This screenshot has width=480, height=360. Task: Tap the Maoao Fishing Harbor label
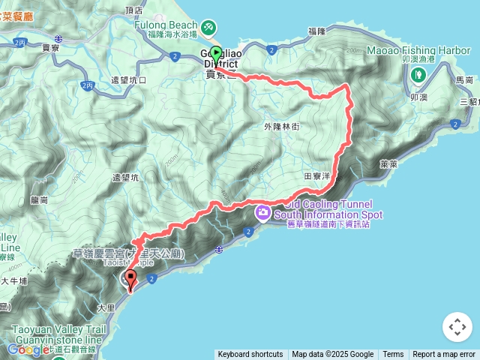[418, 51]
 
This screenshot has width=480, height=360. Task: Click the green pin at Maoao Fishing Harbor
[418, 74]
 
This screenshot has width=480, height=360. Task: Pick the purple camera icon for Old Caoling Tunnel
[263, 212]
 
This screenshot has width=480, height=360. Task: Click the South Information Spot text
[334, 214]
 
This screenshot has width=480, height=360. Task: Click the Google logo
[28, 349]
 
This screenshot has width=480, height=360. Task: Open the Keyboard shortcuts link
[250, 354]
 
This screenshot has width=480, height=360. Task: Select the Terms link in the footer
[393, 354]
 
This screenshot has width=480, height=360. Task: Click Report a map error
[444, 354]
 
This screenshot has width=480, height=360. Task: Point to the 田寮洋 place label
[316, 175]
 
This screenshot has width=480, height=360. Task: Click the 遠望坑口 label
[128, 80]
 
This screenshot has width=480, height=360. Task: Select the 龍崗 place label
[39, 200]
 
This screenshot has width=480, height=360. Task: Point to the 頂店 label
[135, 10]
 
